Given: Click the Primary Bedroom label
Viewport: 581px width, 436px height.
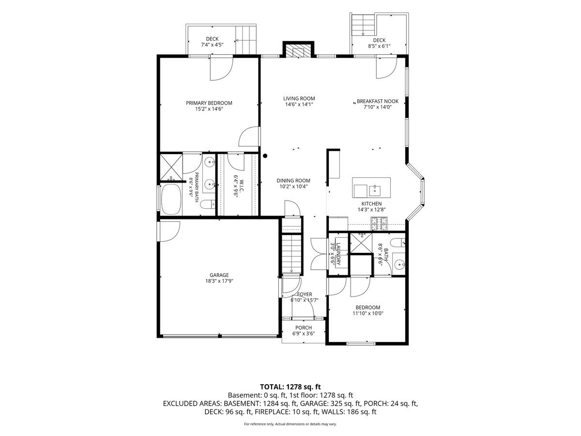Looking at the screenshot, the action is (209, 103).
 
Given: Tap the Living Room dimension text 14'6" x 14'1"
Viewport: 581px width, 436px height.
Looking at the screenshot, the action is (299, 104).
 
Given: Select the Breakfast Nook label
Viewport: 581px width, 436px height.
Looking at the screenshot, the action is (378, 101).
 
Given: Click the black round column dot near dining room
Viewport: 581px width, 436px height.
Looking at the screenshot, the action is (265, 156).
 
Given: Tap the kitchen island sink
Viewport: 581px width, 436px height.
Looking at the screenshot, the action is (375, 190).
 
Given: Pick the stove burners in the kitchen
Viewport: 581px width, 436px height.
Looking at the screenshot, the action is (379, 223).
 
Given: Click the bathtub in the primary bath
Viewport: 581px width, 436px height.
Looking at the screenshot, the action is (171, 200).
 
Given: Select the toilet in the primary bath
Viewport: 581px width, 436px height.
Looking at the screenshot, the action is (208, 204).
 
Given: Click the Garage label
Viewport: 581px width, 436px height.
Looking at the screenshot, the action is (219, 275).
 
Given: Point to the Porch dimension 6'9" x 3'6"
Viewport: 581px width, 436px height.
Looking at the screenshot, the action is (304, 333).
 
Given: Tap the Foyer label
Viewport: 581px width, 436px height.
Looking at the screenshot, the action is (305, 294).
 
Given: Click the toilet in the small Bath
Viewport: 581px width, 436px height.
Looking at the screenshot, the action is (398, 242).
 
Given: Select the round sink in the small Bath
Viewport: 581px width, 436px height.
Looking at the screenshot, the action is (399, 264).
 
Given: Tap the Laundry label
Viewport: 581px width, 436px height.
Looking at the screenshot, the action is (338, 253).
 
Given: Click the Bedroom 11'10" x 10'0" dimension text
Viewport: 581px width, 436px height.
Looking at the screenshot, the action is (368, 313).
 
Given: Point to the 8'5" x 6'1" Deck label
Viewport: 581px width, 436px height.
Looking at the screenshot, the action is (379, 46).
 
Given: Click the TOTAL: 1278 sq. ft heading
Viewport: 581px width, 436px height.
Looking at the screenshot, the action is (290, 387).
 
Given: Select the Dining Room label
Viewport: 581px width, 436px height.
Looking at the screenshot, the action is (293, 181).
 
